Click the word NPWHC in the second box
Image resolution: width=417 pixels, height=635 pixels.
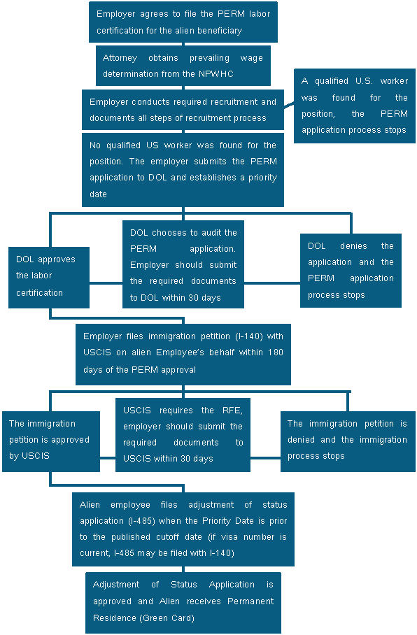(x=215, y=73)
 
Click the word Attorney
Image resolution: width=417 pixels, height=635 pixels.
(x=120, y=58)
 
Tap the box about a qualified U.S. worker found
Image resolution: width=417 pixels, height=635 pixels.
(x=355, y=106)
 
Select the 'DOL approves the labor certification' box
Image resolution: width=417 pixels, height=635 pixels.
(x=49, y=278)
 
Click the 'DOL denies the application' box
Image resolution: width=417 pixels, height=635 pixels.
(x=351, y=271)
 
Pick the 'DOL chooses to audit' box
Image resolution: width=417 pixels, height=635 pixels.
(x=183, y=264)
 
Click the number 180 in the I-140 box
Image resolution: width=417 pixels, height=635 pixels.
(x=275, y=352)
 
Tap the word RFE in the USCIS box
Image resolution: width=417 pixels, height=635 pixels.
(x=232, y=411)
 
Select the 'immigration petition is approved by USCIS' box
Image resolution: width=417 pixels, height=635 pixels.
(x=51, y=441)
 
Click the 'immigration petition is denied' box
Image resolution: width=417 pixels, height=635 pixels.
(x=348, y=441)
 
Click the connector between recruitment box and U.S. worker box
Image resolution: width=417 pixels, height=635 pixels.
(x=289, y=106)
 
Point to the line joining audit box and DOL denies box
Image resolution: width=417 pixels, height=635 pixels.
(x=272, y=283)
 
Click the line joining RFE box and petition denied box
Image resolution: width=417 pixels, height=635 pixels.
(x=265, y=458)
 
